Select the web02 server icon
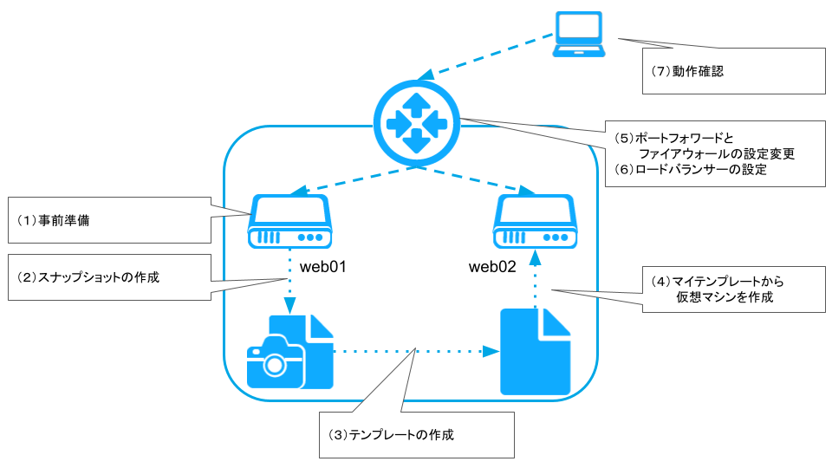point(535,222)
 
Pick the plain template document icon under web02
point(536,352)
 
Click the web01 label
point(323,266)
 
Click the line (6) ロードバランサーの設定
point(690,170)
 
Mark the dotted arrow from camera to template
point(416,351)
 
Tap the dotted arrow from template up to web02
point(535,277)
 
